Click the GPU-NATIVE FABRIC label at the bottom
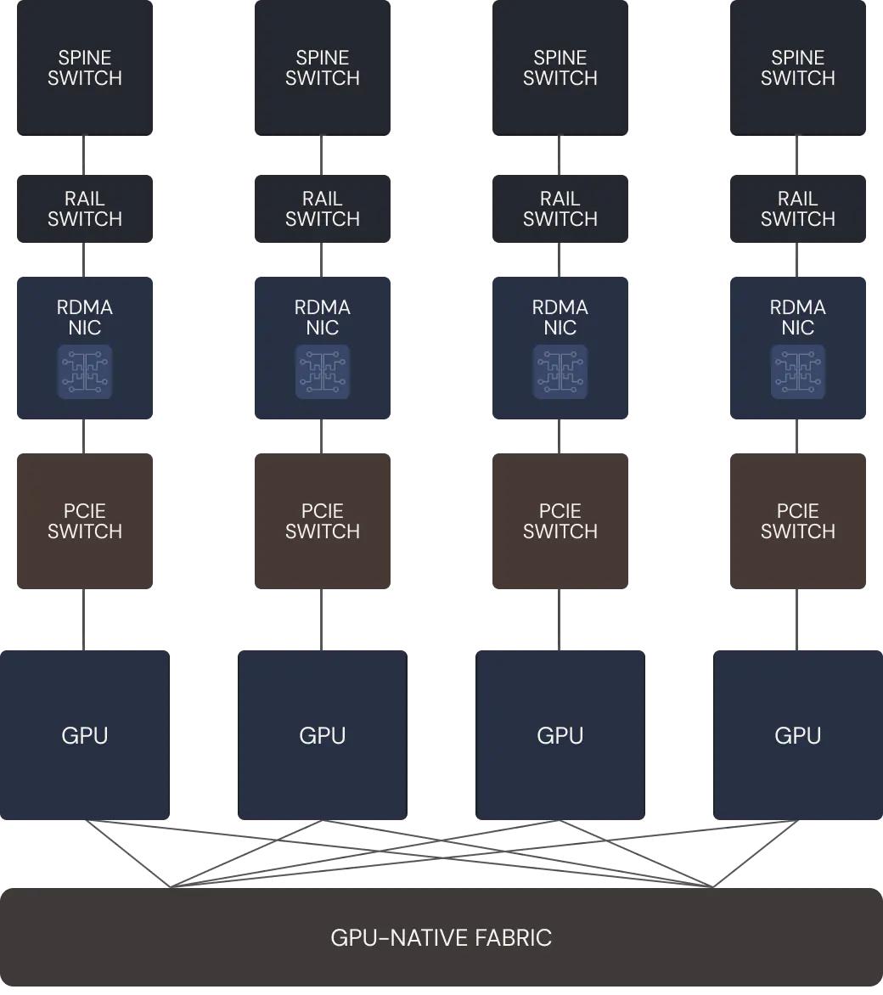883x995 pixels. click(x=441, y=937)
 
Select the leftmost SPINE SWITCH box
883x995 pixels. click(x=85, y=68)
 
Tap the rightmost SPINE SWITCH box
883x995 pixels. click(x=798, y=68)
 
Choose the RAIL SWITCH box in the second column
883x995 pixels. click(x=323, y=209)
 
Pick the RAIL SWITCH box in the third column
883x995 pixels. click(x=560, y=209)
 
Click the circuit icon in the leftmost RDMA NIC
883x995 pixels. click(x=85, y=372)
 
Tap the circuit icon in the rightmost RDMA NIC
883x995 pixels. click(x=798, y=372)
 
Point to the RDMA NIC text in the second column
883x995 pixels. click(x=323, y=318)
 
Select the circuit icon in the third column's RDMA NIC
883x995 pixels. click(x=560, y=372)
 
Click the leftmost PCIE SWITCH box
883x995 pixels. click(x=85, y=521)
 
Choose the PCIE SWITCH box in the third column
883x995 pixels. click(x=560, y=521)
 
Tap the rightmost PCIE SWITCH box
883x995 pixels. click(x=798, y=521)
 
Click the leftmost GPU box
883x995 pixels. click(x=85, y=735)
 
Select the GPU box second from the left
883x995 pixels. click(x=323, y=735)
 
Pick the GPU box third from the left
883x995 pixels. click(x=560, y=735)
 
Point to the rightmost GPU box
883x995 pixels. click(x=798, y=735)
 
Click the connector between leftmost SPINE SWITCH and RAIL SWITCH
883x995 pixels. click(x=83, y=155)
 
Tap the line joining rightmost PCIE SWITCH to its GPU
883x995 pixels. click(x=796, y=620)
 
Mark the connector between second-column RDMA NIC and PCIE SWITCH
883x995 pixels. click(x=321, y=436)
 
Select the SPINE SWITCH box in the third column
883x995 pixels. click(x=560, y=68)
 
